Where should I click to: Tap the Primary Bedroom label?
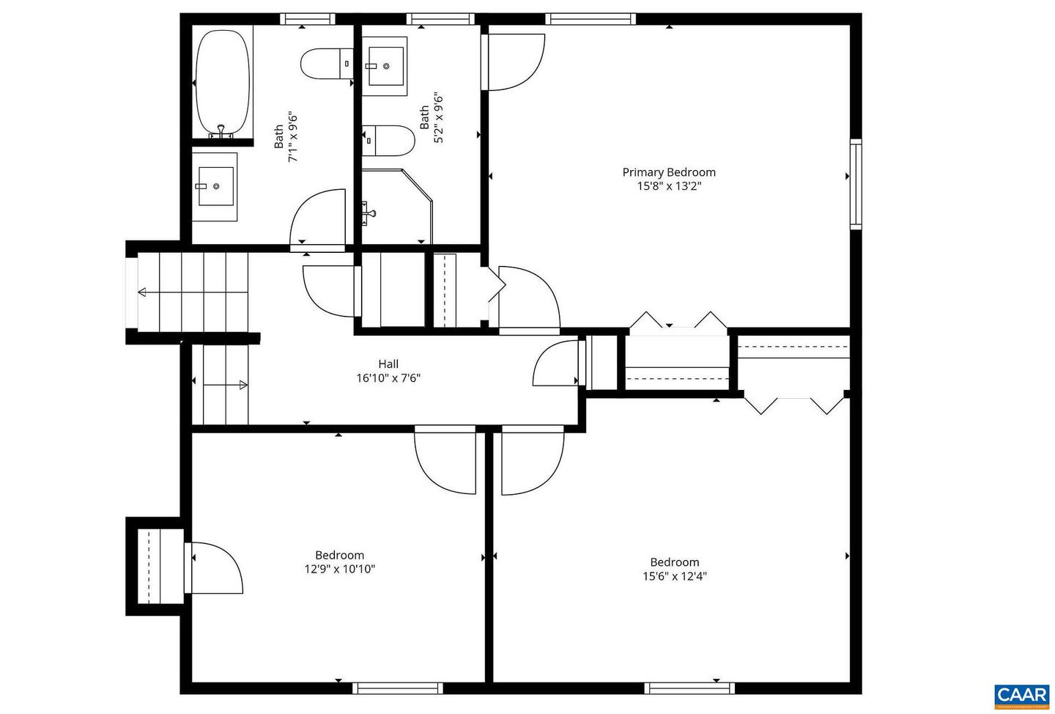pyautogui.click(x=668, y=172)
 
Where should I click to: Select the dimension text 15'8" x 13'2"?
pyautogui.click(x=668, y=186)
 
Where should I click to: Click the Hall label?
pyautogui.click(x=388, y=364)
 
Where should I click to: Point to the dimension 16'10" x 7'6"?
pyautogui.click(x=388, y=378)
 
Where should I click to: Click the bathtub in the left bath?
pyautogui.click(x=223, y=82)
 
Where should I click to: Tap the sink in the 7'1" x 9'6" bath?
pyautogui.click(x=215, y=186)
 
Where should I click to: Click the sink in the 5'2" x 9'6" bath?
pyautogui.click(x=385, y=66)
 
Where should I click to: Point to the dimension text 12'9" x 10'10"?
pyautogui.click(x=339, y=569)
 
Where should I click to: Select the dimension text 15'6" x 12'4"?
pyautogui.click(x=674, y=576)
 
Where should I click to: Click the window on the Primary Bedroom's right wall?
pyautogui.click(x=855, y=183)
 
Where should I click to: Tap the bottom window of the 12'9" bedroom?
pyautogui.click(x=398, y=688)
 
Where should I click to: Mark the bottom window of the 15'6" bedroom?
pyautogui.click(x=689, y=688)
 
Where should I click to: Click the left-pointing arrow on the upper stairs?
pyautogui.click(x=142, y=292)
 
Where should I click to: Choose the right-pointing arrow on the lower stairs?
pyautogui.click(x=243, y=385)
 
